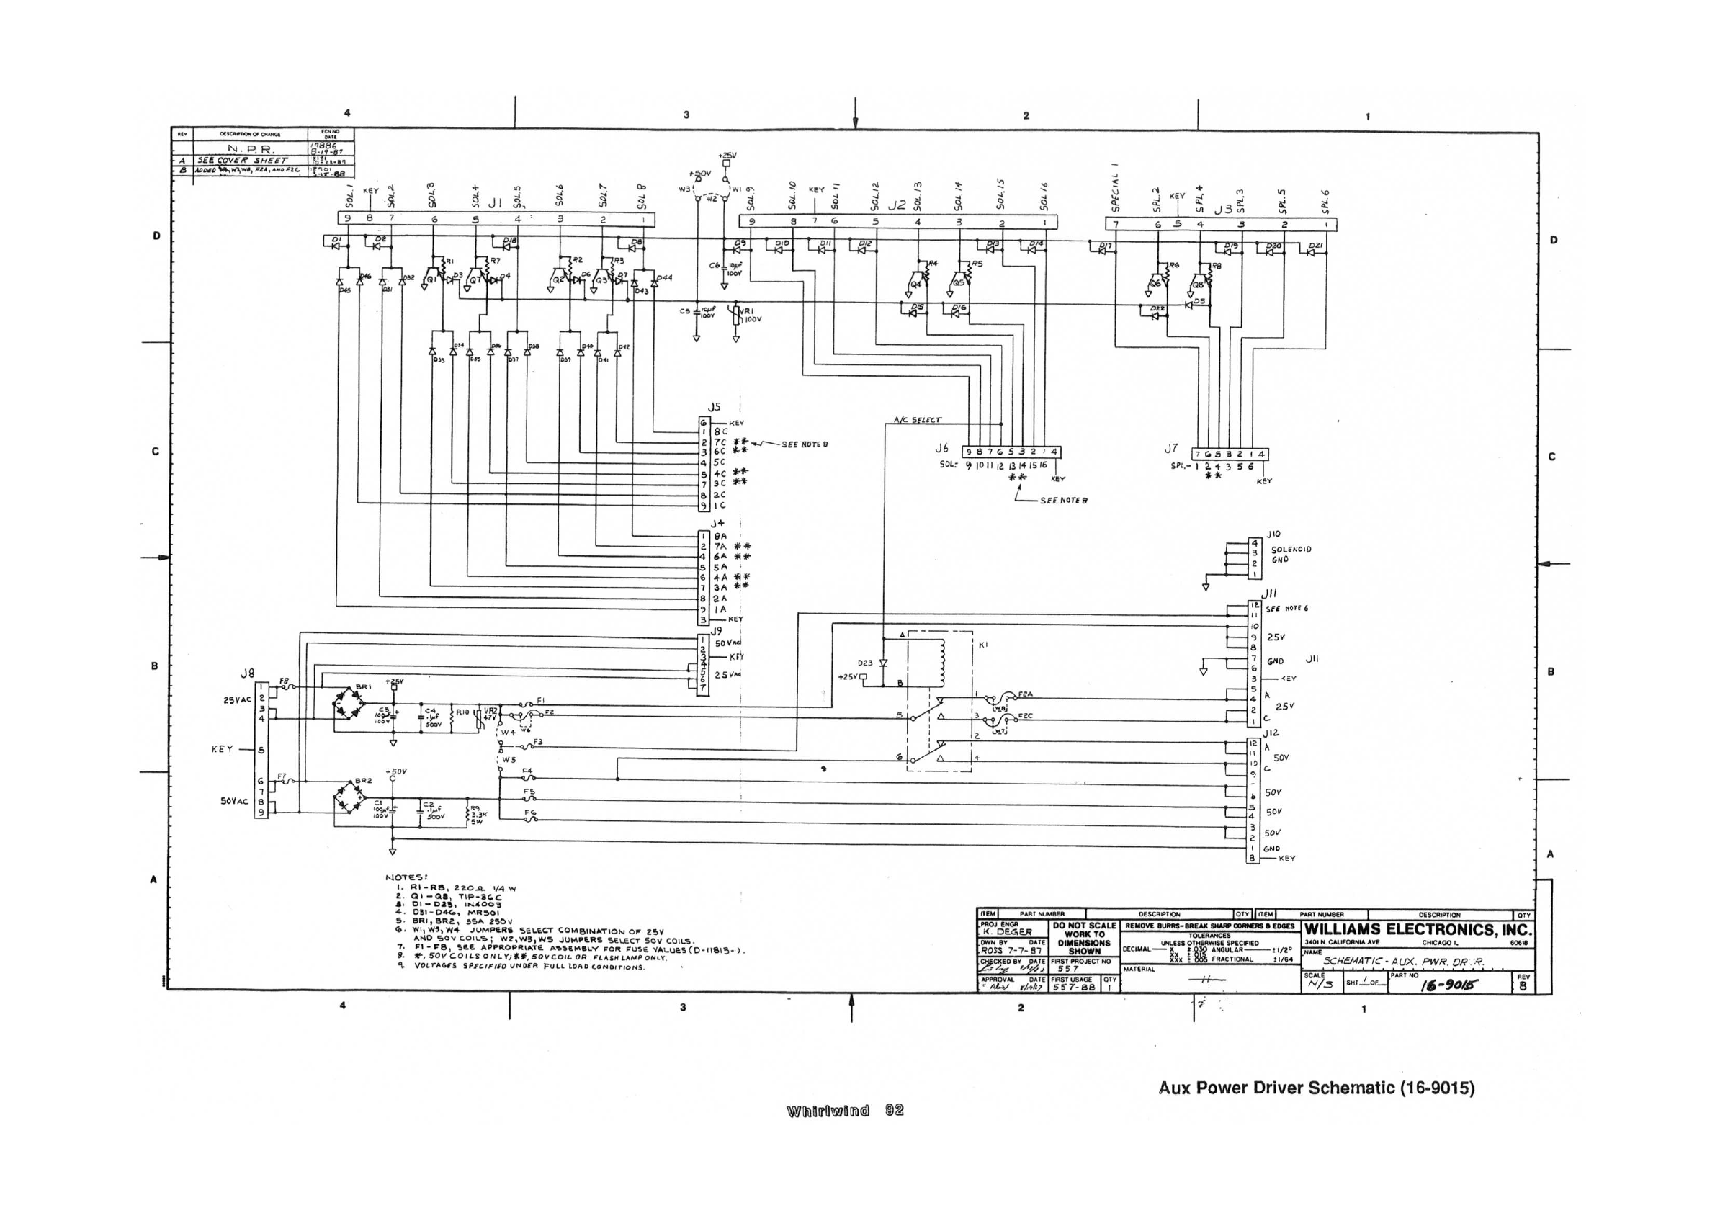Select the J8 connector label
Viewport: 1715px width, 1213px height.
point(247,673)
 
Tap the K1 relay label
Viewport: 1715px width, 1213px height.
point(983,645)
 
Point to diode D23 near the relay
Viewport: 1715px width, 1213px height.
point(883,663)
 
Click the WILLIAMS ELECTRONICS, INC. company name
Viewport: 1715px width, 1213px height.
point(1418,930)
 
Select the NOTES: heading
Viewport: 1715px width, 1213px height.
point(406,877)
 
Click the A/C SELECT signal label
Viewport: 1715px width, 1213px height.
point(917,420)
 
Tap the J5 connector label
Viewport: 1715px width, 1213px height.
point(715,407)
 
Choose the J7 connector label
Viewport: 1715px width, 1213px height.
point(1170,449)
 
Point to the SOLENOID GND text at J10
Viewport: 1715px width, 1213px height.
point(1291,554)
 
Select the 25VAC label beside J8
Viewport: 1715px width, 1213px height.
point(237,700)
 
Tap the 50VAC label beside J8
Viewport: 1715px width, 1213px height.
point(234,801)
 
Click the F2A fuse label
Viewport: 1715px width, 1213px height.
point(1026,694)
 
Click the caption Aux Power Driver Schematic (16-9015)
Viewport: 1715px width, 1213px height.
point(1316,1088)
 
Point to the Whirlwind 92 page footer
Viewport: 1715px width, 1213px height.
point(845,1111)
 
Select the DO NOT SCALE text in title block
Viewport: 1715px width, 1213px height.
point(1084,926)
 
